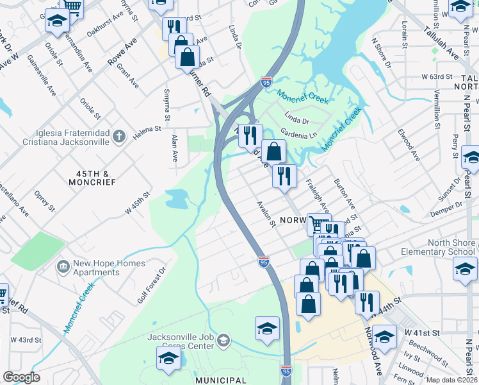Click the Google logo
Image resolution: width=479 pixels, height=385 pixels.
(21, 377)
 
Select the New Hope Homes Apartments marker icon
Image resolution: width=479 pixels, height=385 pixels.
(63, 266)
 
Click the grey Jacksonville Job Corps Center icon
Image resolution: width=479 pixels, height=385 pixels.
(223, 339)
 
